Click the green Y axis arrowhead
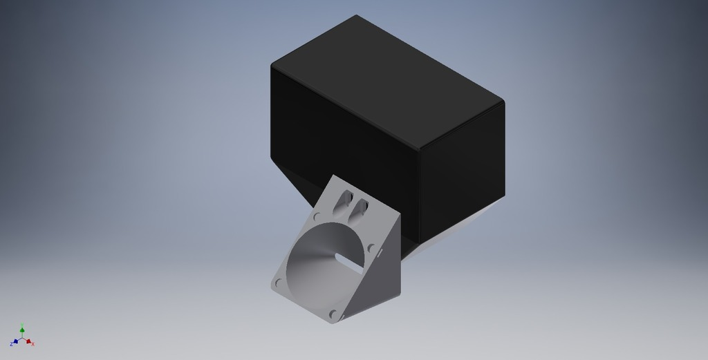coord(22,330)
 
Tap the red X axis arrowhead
coord(29,342)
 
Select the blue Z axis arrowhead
coord(15,342)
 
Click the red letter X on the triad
coord(33,344)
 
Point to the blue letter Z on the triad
coord(11,344)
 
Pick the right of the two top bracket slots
coord(360,207)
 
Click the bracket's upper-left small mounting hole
coord(317,216)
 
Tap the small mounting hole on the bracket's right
coord(371,247)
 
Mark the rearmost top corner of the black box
coord(356,16)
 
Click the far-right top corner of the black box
coord(502,102)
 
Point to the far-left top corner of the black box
coord(273,64)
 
